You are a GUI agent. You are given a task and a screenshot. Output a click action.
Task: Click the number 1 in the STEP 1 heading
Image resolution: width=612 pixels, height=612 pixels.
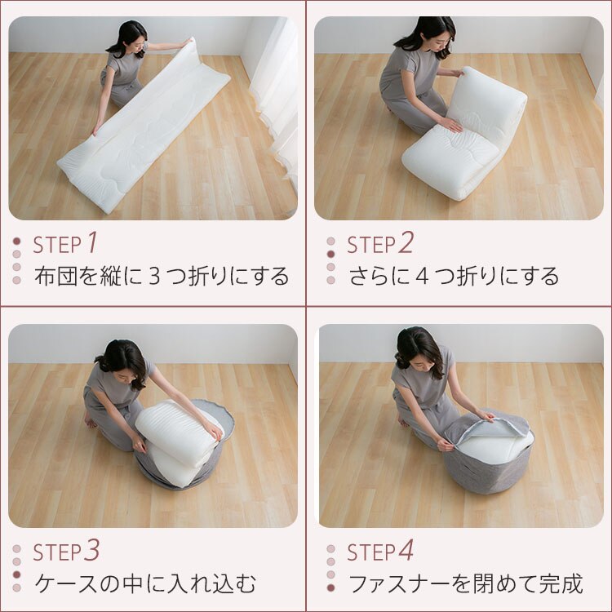click(92, 242)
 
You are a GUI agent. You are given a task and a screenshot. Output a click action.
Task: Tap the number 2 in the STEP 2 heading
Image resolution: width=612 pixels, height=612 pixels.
click(406, 242)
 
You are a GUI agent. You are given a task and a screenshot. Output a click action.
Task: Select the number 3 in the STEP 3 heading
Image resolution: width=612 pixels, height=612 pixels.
click(92, 551)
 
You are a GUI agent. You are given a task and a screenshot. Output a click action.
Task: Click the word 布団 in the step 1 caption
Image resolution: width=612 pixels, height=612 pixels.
click(54, 277)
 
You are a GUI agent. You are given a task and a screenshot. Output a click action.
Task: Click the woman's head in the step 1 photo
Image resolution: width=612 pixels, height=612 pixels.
click(130, 37)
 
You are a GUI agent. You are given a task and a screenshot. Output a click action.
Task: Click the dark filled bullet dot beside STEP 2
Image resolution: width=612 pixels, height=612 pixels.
click(330, 254)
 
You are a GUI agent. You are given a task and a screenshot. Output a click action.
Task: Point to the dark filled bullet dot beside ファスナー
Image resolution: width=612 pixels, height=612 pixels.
click(330, 587)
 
